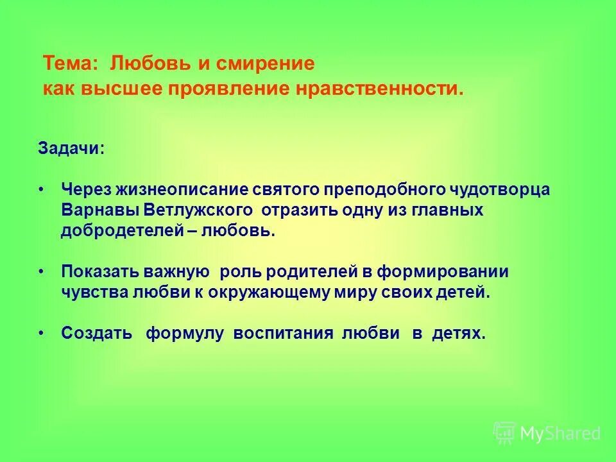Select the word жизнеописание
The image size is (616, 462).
point(177,190)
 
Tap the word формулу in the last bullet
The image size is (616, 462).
point(185,334)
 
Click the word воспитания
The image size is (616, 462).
point(283,334)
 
